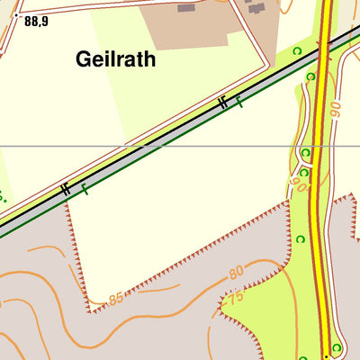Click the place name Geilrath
pyautogui.click(x=116, y=59)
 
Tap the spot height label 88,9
pyautogui.click(x=37, y=20)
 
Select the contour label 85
pyautogui.click(x=115, y=298)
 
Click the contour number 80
pyautogui.click(x=237, y=272)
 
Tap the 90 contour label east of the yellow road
pyautogui.click(x=335, y=112)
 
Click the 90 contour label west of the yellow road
pyautogui.click(x=298, y=184)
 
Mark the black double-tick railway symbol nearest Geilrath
pyautogui.click(x=222, y=103)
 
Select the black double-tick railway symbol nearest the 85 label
pyautogui.click(x=65, y=189)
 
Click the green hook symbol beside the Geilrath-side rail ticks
pyautogui.click(x=239, y=103)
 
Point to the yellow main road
pyautogui.click(x=318, y=225)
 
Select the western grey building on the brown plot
pyautogui.click(x=186, y=8)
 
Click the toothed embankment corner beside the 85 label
pyautogui.click(x=91, y=311)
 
